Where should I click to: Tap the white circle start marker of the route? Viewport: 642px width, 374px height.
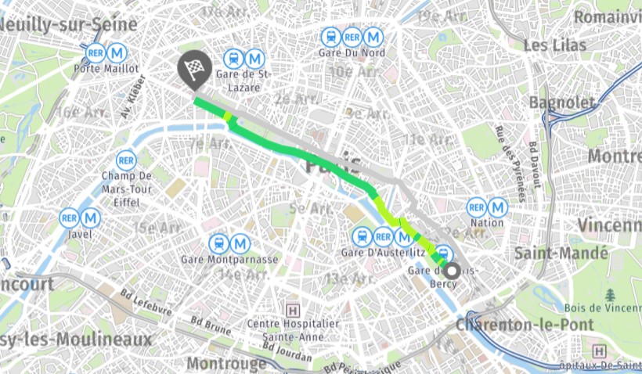click(x=452, y=268)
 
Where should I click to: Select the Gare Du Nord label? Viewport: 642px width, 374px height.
click(x=352, y=53)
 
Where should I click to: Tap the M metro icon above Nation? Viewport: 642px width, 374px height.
click(x=498, y=207)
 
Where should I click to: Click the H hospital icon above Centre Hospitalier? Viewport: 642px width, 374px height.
click(x=294, y=308)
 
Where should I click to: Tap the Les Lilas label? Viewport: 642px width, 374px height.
click(x=555, y=45)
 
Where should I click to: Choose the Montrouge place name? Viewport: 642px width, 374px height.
click(x=226, y=364)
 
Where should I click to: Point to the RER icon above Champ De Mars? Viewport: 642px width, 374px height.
click(x=126, y=160)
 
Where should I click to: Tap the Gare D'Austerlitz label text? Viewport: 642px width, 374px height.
click(x=383, y=254)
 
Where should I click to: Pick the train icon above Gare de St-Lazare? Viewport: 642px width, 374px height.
click(x=233, y=59)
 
